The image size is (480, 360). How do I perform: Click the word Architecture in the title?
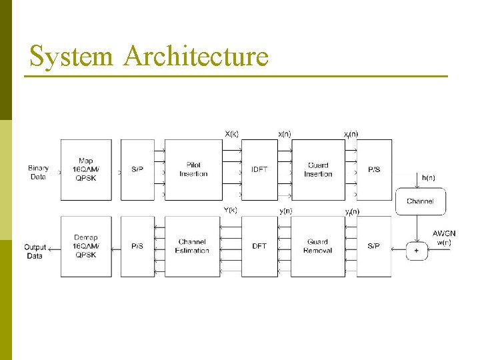tap(195, 56)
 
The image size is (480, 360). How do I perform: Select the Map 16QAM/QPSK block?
tap(86, 169)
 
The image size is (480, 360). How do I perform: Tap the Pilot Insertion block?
tap(193, 169)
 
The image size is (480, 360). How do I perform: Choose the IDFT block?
tap(259, 169)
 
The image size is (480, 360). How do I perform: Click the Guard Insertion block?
tap(318, 169)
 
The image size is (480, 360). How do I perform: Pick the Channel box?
tap(420, 201)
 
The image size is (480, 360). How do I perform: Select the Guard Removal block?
tap(318, 246)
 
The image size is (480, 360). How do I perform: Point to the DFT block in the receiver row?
tap(259, 246)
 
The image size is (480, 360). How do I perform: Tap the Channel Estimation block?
tap(193, 246)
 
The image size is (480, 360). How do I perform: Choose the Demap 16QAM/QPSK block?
tap(86, 246)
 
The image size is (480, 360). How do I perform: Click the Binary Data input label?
tap(39, 172)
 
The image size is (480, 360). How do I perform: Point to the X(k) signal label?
tap(232, 133)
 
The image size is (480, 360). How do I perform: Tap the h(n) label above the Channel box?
tap(429, 177)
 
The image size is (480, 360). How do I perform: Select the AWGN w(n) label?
tap(444, 237)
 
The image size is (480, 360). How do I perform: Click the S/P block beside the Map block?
tap(137, 169)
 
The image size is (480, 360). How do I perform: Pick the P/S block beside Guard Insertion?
tap(374, 169)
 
